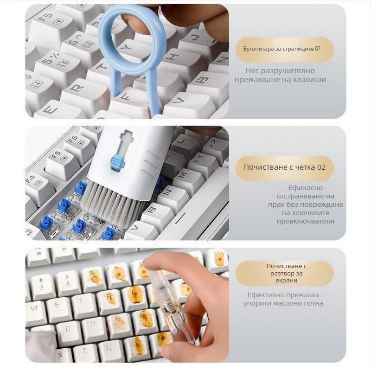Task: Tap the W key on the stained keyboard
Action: click(x=34, y=307)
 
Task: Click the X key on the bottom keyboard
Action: click(x=61, y=354)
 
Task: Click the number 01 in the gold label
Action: click(x=318, y=49)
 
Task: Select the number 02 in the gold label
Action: click(x=321, y=167)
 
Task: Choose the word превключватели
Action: click(x=306, y=221)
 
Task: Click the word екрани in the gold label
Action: click(x=286, y=281)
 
